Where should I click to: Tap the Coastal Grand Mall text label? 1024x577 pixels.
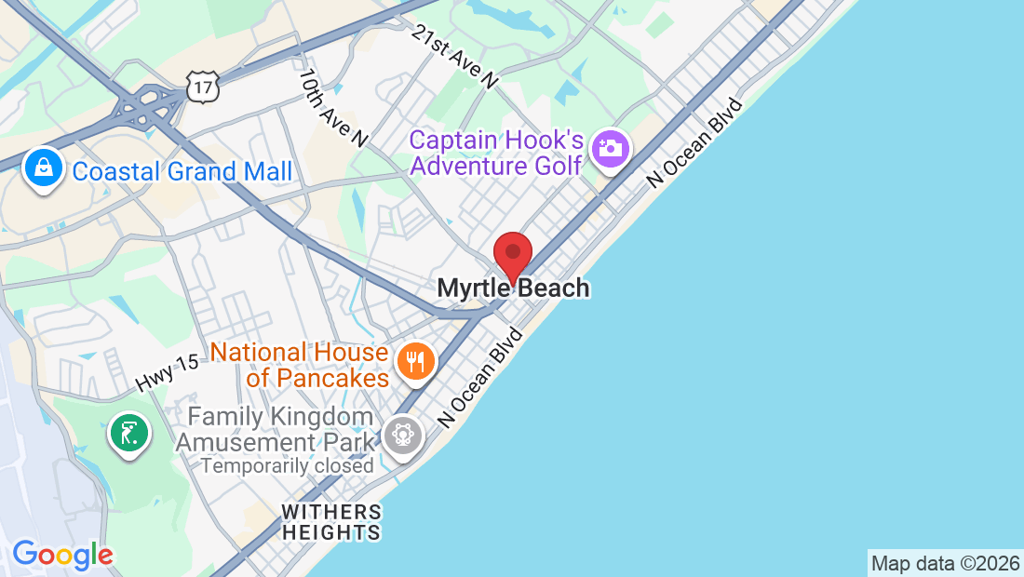click(x=182, y=171)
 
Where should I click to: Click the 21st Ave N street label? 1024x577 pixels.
click(x=454, y=56)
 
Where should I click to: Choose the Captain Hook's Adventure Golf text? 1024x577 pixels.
click(x=496, y=154)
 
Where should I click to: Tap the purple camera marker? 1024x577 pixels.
click(x=611, y=148)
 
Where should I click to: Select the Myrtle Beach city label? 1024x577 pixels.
click(x=513, y=288)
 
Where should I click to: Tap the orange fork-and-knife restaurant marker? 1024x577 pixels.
click(x=415, y=359)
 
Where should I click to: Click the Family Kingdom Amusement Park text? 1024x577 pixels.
click(x=275, y=429)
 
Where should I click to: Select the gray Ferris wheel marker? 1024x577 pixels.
click(x=403, y=434)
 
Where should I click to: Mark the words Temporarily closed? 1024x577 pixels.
click(x=287, y=465)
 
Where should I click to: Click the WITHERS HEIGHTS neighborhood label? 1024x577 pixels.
click(x=331, y=522)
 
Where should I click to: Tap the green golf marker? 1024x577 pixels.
click(x=129, y=433)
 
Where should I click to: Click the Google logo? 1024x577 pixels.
click(x=62, y=555)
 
